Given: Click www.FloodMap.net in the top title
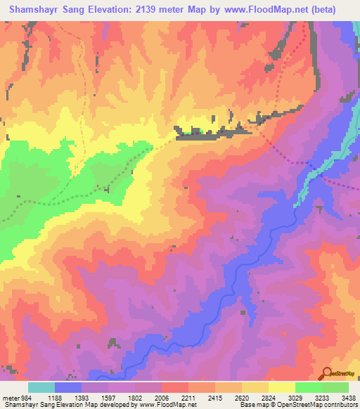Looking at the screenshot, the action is coord(259,9).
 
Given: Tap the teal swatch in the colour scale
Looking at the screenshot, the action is coord(41,387).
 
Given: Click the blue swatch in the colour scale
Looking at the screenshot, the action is coord(68,387).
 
